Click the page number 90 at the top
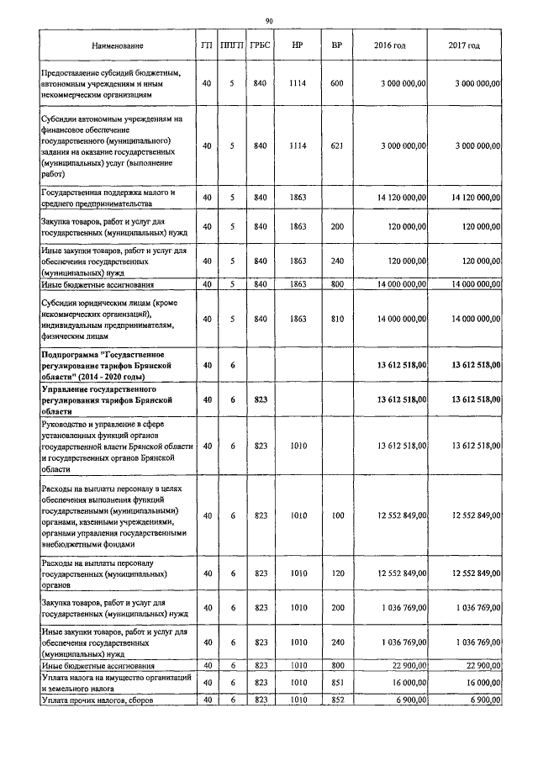pyautogui.click(x=269, y=20)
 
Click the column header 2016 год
pyautogui.click(x=389, y=45)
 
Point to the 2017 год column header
pyautogui.click(x=465, y=45)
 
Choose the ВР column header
pyautogui.click(x=337, y=45)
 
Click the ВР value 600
pyautogui.click(x=337, y=83)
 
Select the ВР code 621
pyautogui.click(x=337, y=145)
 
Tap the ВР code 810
pyautogui.click(x=337, y=319)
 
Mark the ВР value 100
pyautogui.click(x=337, y=515)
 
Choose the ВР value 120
pyautogui.click(x=337, y=573)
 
